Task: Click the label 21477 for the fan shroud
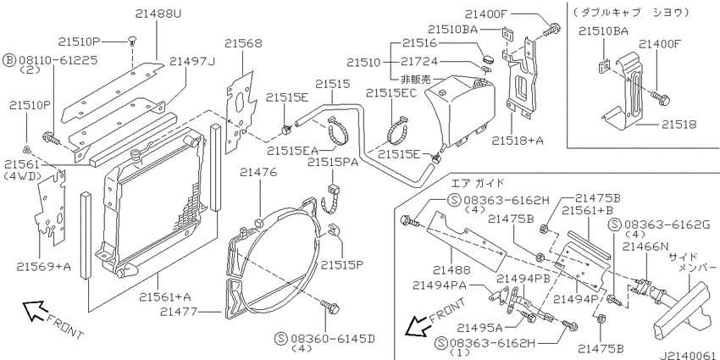pyautogui.click(x=202, y=313)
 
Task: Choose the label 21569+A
pyautogui.click(x=43, y=268)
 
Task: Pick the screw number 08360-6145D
pyautogui.click(x=331, y=337)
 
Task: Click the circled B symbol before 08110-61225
pyautogui.click(x=8, y=61)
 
